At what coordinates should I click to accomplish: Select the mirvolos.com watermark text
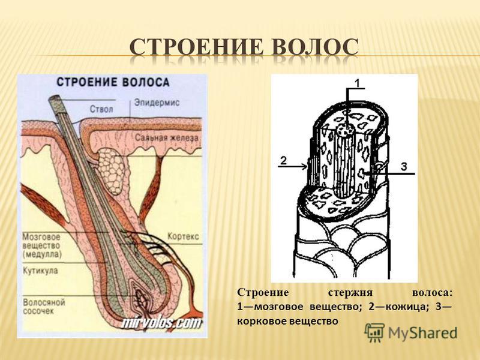(x=160, y=323)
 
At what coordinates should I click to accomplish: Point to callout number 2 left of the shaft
(x=284, y=160)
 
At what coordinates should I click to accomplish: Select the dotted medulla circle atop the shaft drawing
(x=345, y=130)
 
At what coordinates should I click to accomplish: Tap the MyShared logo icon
(x=374, y=332)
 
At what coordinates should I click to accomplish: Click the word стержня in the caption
(x=347, y=293)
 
